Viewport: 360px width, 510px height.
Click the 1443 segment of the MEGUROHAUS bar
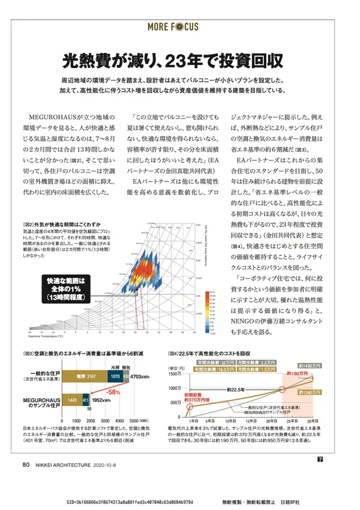pos(73,400)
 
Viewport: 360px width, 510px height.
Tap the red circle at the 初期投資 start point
pos(191,405)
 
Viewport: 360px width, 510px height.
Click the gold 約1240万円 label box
pos(309,391)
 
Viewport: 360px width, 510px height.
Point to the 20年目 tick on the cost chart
pos(271,420)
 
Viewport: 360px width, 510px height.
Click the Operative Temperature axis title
pos(48,336)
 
